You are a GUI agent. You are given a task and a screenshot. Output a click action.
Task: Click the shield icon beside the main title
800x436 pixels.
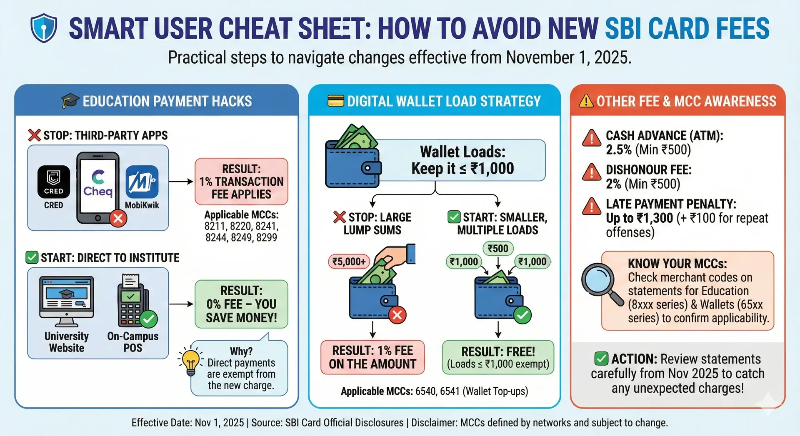click(x=44, y=28)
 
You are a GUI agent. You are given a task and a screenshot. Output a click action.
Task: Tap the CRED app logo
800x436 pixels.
click(x=54, y=182)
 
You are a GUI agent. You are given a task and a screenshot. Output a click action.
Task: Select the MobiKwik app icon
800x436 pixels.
click(x=142, y=182)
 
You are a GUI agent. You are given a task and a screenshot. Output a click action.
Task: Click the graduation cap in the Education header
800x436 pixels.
click(x=70, y=101)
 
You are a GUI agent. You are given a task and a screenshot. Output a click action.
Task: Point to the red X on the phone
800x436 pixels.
click(x=118, y=218)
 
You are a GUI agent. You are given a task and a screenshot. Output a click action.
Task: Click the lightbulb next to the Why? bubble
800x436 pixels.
click(x=191, y=361)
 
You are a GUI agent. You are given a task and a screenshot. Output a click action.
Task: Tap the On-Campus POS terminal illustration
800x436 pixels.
click(x=133, y=301)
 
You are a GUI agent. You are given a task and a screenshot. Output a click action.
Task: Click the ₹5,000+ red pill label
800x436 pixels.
click(x=349, y=262)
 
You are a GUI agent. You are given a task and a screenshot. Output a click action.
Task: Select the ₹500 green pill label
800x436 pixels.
click(x=498, y=249)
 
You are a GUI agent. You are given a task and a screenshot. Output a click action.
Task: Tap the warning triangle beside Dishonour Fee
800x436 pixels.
click(x=592, y=172)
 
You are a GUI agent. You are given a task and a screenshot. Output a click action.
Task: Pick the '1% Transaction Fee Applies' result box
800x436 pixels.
click(x=241, y=182)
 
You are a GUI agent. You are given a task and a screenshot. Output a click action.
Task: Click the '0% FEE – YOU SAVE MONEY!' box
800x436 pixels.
click(x=241, y=304)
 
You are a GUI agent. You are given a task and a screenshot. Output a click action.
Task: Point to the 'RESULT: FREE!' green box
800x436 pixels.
click(x=498, y=357)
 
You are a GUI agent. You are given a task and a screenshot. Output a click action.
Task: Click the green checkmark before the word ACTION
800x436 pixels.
click(x=601, y=359)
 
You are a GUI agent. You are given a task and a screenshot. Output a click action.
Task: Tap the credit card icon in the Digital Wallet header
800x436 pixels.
click(x=336, y=101)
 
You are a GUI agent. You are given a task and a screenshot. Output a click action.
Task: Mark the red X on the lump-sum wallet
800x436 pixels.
click(x=397, y=315)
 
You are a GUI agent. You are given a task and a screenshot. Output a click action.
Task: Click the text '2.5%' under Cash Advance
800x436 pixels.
click(x=619, y=149)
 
